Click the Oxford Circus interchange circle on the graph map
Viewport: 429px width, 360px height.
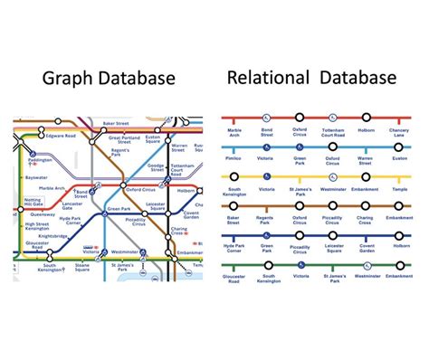coord(124,185)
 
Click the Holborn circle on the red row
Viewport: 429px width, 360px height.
coord(367,118)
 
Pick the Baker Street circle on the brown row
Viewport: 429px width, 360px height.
coord(234,207)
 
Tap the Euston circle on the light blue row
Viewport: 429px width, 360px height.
coord(399,147)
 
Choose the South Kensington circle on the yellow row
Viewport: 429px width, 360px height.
coord(234,177)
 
